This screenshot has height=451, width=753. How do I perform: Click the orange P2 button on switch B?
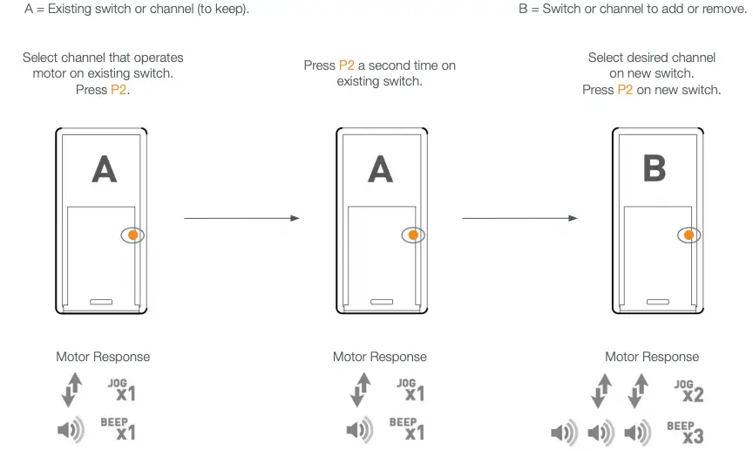[x=689, y=235]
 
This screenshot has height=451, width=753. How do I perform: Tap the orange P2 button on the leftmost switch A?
[x=133, y=235]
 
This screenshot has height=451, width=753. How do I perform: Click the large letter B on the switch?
[x=654, y=168]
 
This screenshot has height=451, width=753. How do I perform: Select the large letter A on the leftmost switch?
[x=105, y=168]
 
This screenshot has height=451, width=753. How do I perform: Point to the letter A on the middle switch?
[x=380, y=168]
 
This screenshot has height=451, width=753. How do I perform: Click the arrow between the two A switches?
[x=241, y=218]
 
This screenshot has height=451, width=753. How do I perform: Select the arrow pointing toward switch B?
[x=519, y=218]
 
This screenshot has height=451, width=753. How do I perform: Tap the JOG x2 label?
[x=688, y=390]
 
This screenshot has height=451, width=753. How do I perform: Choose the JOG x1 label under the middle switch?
[x=410, y=389]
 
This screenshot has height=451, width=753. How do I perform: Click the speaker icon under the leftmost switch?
[x=71, y=429]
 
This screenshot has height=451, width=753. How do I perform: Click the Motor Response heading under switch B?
[x=652, y=357]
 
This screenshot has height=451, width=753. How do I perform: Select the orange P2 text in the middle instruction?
[x=346, y=65]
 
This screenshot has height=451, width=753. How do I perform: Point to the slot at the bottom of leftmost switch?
[x=101, y=301]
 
